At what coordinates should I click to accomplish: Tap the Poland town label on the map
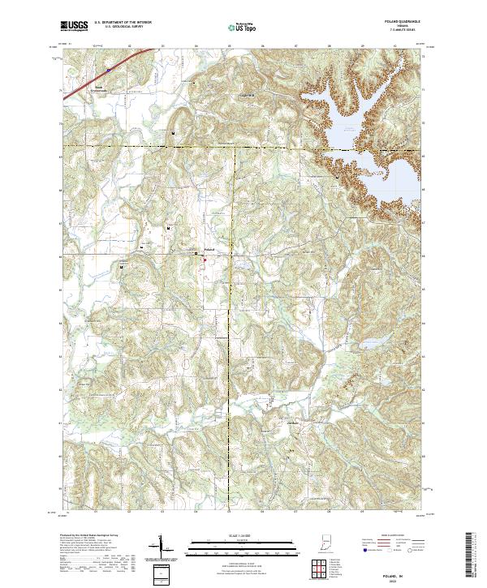coord(209,248)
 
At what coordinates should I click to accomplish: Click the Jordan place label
coord(293,421)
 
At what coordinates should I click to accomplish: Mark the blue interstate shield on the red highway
coord(108,71)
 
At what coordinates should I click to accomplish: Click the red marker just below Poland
coord(205,260)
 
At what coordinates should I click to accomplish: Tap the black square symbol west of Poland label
coord(195,254)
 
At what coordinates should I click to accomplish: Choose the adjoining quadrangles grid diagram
coord(320,569)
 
